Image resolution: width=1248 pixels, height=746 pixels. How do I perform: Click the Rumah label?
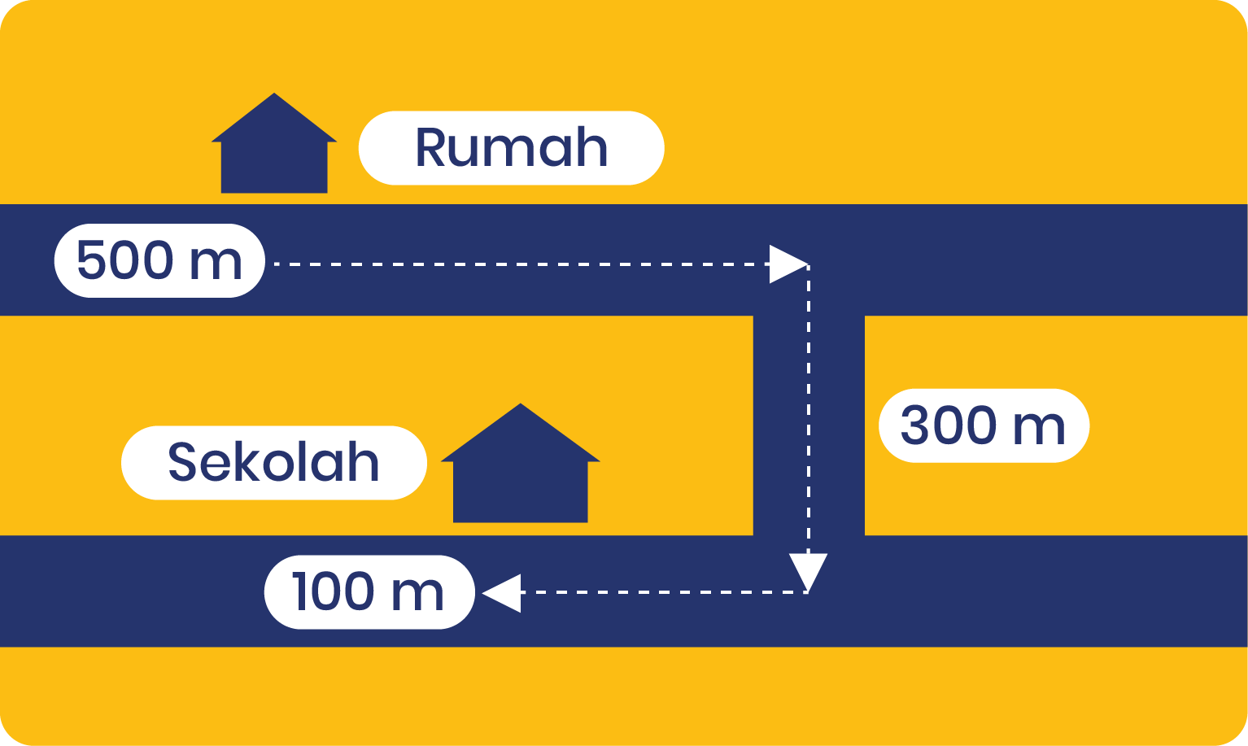pos(512,147)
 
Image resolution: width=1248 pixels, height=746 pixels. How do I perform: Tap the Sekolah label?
pos(274,463)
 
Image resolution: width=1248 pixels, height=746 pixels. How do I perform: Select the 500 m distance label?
pos(159,261)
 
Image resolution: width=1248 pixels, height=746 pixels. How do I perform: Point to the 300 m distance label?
pos(984,425)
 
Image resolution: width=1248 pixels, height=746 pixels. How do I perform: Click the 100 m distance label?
pos(369,592)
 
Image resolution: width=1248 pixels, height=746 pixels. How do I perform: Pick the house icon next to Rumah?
pos(274,143)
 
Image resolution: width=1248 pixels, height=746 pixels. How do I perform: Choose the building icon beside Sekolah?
pos(521,463)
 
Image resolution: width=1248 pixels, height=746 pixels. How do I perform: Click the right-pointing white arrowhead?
pos(788,264)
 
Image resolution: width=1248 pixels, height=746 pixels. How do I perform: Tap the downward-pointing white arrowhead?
pos(809,572)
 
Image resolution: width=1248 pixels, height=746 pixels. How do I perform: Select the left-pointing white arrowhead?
pos(501,593)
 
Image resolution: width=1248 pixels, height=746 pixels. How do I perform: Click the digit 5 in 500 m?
pos(90,260)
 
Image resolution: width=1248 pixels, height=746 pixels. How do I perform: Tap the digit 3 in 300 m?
pos(914,425)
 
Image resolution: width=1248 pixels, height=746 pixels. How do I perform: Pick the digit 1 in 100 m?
pos(299,591)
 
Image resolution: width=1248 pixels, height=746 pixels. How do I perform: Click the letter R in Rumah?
pos(430,147)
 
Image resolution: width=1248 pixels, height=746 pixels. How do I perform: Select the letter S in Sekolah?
pos(181,462)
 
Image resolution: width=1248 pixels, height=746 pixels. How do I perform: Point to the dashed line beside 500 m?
pos(522,264)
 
